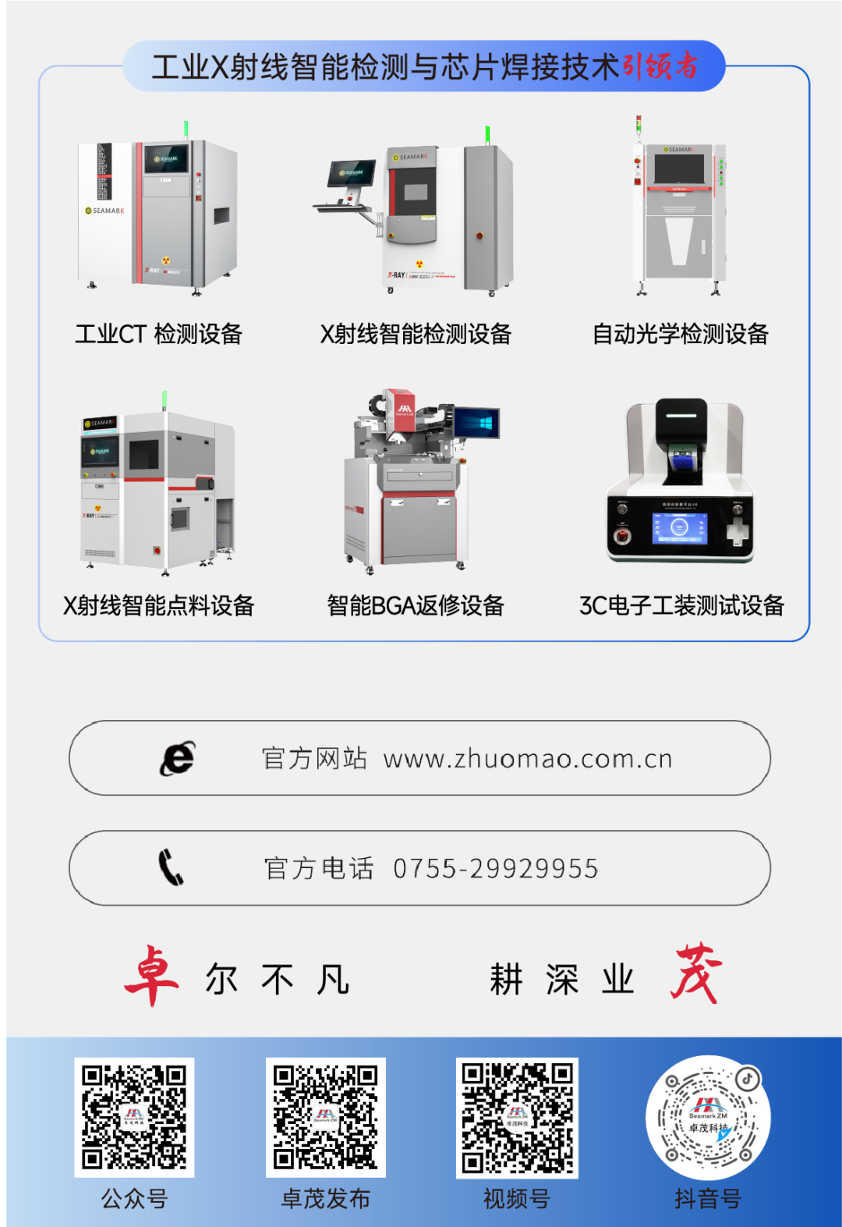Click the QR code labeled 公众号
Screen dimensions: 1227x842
134,1117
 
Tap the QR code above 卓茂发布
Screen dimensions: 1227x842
326,1117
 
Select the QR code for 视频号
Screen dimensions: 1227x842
517,1117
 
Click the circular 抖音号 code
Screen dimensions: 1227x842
708,1117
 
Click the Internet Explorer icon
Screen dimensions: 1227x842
178,758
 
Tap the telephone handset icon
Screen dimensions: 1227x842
171,867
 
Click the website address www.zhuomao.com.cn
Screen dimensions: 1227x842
528,759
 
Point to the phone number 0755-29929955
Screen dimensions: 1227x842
496,868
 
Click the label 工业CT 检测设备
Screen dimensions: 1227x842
158,334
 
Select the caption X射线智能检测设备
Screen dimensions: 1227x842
416,334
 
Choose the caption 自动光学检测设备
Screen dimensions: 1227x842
681,334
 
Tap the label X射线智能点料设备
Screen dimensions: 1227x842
158,605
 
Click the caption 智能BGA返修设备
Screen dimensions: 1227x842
416,605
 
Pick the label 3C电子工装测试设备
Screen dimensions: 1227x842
681,605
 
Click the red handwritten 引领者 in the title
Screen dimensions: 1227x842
660,66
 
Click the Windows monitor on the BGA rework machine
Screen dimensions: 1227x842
476,424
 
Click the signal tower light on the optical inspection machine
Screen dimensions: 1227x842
638,124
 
